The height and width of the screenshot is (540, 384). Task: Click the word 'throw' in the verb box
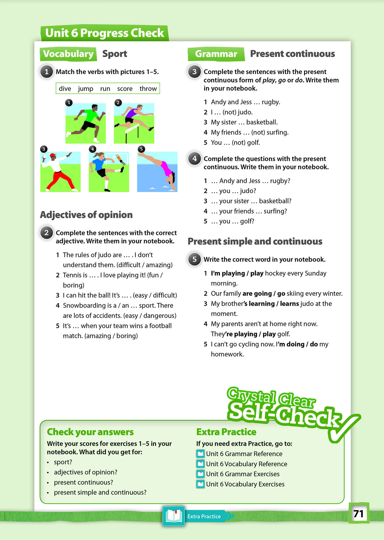click(148, 89)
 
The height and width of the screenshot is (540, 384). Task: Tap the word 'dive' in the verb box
click(65, 89)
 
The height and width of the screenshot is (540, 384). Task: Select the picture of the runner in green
click(85, 123)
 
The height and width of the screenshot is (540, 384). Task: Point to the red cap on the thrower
click(53, 156)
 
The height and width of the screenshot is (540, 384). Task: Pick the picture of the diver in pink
click(157, 172)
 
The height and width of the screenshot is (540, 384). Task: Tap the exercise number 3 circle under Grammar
click(194, 72)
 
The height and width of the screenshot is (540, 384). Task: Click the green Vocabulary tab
click(68, 54)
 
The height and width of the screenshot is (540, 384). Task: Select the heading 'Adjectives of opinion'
click(86, 215)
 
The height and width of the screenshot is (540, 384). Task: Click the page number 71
click(358, 513)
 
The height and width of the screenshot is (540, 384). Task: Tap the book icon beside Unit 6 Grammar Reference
click(200, 454)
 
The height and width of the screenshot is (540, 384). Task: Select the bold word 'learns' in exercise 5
click(289, 303)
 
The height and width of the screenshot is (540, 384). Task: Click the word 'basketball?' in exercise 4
click(275, 201)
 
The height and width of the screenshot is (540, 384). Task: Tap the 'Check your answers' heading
click(90, 432)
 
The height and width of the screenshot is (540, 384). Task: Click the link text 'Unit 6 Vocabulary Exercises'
click(245, 484)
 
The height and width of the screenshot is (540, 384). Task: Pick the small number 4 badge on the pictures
click(92, 149)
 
